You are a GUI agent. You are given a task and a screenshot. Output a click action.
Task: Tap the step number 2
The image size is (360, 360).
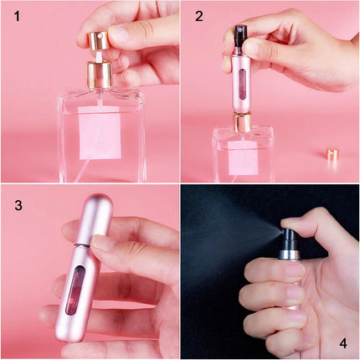point(198,16)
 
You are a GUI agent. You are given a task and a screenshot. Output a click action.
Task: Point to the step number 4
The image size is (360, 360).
point(343,342)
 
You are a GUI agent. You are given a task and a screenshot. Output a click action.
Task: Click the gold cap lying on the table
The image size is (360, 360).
point(332,155)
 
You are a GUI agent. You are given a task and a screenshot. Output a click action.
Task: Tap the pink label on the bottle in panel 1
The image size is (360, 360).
point(100,134)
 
